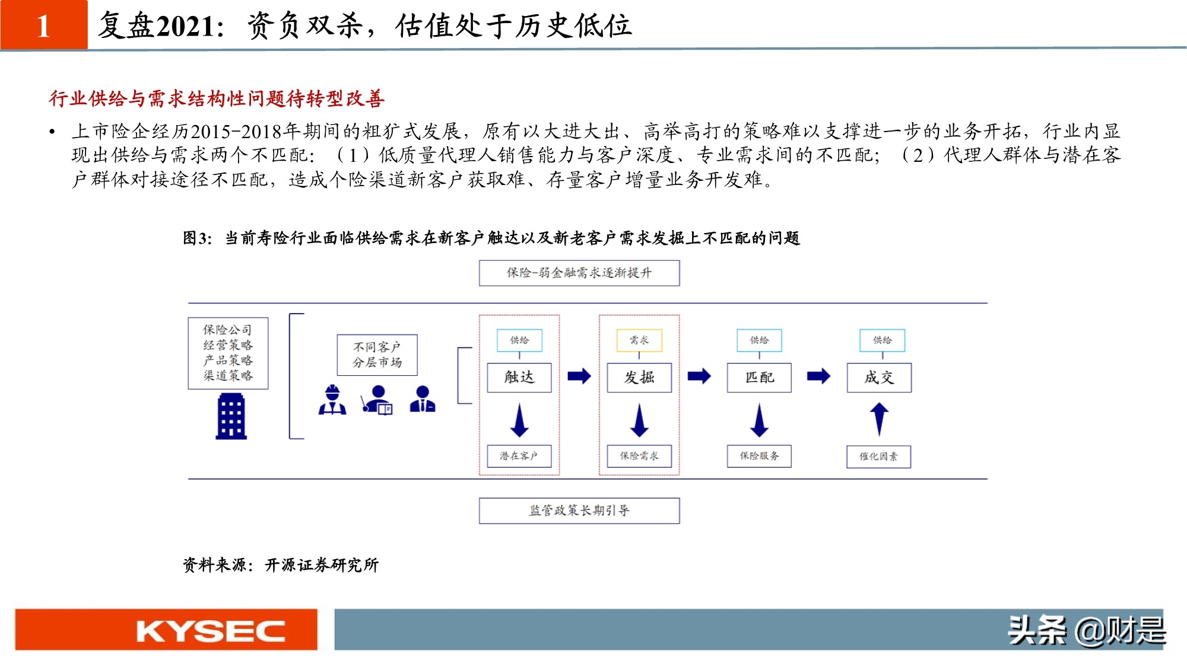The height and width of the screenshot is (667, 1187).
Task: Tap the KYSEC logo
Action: click(211, 631)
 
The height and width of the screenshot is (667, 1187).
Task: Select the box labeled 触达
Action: click(519, 378)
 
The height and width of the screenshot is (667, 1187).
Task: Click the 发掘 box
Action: click(639, 378)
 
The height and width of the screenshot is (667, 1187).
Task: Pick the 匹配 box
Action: click(759, 378)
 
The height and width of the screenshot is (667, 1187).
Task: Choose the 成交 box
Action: click(879, 378)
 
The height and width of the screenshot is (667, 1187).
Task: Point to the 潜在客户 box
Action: click(519, 456)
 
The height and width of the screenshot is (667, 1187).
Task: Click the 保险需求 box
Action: click(639, 456)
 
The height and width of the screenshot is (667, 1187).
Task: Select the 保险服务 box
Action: click(759, 456)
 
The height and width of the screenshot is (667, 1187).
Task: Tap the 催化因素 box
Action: click(879, 457)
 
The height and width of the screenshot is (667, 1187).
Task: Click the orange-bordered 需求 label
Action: click(639, 340)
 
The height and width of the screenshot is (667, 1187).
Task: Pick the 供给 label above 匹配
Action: click(759, 340)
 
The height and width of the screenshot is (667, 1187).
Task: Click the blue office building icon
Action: click(231, 417)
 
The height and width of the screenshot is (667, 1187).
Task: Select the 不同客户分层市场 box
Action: click(377, 355)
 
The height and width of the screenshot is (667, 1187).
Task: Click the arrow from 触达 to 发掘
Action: click(579, 376)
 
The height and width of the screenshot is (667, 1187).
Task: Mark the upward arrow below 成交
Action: click(879, 419)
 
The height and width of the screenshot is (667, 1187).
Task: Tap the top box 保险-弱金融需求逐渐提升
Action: click(579, 273)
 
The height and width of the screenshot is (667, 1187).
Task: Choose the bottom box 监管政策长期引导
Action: click(579, 510)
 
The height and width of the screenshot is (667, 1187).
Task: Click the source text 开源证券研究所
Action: click(322, 565)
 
